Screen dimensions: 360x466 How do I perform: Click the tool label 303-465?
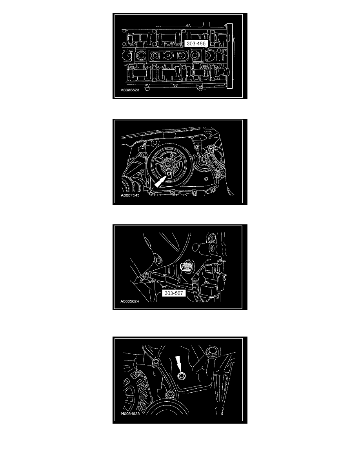[x=196, y=44]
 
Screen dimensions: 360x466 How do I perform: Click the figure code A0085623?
[x=130, y=90]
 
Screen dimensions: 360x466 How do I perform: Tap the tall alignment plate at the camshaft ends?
[x=229, y=56]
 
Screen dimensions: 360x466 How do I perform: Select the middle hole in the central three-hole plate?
[x=167, y=55]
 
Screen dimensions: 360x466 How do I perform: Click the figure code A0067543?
[x=130, y=195]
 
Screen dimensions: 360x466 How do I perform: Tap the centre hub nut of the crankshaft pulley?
[x=168, y=163]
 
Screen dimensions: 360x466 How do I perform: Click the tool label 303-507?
[x=174, y=293]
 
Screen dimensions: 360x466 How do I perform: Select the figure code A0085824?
[x=130, y=301]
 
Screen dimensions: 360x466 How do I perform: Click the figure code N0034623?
[x=131, y=413]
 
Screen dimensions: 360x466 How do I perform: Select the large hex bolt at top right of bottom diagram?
[x=211, y=351]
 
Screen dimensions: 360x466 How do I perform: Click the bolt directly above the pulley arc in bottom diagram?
[x=170, y=394]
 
